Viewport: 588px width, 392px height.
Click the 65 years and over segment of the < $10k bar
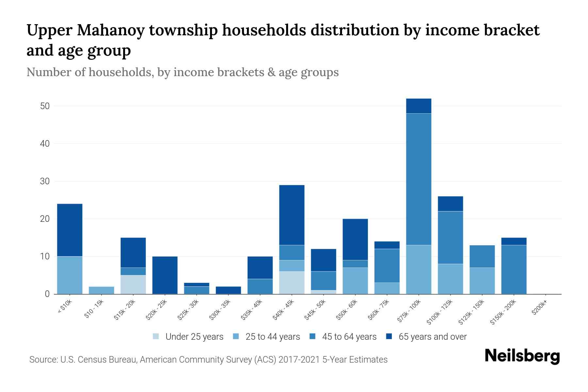tap(70, 230)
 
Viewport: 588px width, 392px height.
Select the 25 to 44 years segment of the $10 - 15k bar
tap(101, 290)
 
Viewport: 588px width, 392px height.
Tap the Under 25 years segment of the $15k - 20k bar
tap(133, 284)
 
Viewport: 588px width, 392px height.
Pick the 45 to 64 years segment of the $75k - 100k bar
tap(418, 179)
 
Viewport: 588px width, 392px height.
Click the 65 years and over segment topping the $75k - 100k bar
tap(418, 106)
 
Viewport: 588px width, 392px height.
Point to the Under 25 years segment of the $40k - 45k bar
tap(292, 283)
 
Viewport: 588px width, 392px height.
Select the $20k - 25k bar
tap(165, 275)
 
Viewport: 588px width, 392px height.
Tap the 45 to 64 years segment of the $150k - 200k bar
tap(514, 269)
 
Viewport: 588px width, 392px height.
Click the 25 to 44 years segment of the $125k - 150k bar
tap(482, 281)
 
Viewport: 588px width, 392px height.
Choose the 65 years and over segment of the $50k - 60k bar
tap(355, 239)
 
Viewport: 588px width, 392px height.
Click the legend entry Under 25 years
tap(194, 337)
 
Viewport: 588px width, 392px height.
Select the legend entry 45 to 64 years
tap(349, 337)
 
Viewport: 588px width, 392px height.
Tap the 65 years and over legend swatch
tap(389, 336)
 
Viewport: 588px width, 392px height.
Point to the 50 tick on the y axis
tap(45, 106)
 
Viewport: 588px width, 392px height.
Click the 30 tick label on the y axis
tap(45, 181)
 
